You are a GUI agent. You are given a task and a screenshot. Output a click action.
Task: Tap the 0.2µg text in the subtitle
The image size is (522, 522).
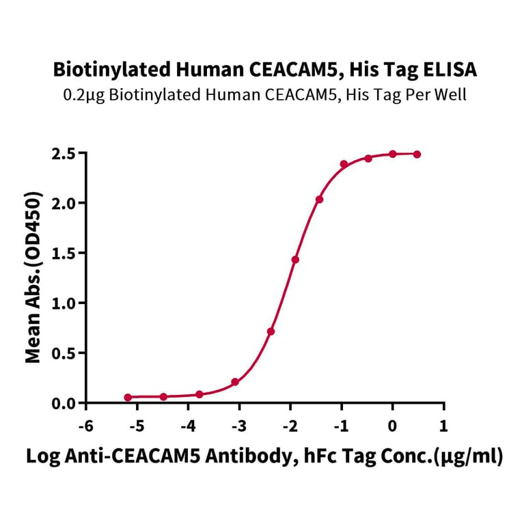[83, 95]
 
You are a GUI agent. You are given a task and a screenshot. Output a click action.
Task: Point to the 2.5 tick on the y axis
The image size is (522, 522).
[64, 153]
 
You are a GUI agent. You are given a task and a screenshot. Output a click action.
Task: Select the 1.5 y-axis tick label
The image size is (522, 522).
[64, 253]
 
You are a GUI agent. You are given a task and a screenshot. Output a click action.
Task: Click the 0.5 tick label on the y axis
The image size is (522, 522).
[64, 353]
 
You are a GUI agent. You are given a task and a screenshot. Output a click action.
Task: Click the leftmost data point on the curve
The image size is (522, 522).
[128, 397]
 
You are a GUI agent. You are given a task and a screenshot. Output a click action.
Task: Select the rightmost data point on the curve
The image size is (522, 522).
[417, 154]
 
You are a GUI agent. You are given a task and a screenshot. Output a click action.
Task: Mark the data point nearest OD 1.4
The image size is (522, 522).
[295, 260]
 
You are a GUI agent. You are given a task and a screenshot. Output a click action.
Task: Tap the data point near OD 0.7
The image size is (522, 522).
[271, 331]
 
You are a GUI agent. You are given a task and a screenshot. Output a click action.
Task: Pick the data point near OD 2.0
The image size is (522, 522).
[319, 200]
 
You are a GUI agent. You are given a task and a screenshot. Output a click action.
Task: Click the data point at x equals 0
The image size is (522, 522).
[393, 154]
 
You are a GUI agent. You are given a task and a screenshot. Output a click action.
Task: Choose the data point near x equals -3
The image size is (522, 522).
[235, 382]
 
